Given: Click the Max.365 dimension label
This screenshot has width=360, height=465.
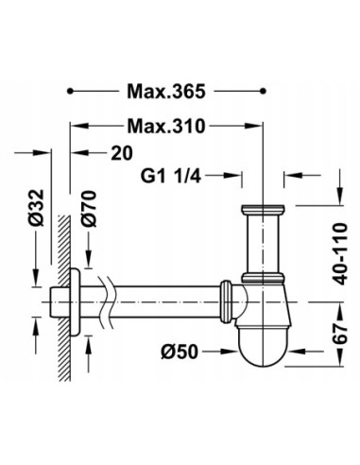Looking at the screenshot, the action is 166,92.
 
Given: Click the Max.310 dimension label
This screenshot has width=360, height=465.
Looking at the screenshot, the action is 166,126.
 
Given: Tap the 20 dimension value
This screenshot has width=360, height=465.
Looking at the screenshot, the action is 122,153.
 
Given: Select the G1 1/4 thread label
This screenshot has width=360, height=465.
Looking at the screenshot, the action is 170,176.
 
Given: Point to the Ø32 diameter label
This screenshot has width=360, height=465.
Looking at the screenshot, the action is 36,208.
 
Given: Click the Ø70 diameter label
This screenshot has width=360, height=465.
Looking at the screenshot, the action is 89,209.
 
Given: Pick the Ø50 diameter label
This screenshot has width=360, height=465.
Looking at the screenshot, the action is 180,352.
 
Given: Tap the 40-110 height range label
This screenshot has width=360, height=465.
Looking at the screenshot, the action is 340,254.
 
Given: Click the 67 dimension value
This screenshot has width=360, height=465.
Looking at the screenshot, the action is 340,334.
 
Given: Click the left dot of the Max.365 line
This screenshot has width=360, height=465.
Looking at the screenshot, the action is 70,92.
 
